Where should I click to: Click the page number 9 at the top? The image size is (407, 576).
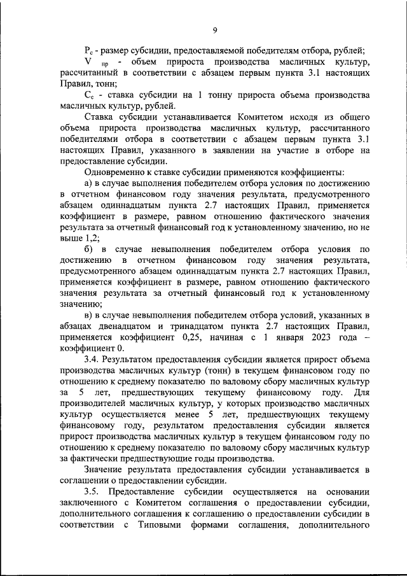215,29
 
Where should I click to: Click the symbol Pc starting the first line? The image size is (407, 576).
89,51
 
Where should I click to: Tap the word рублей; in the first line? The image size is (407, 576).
348,51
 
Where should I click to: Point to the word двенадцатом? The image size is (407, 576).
121,326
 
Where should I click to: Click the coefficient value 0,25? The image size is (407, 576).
216,337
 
